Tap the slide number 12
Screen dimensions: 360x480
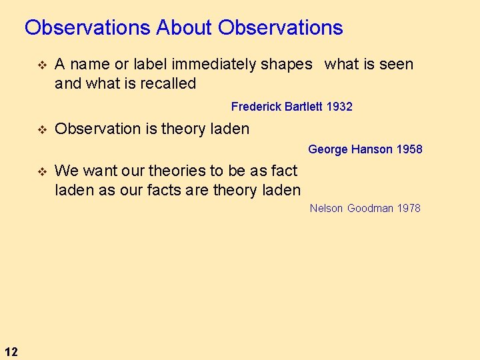(x=11, y=351)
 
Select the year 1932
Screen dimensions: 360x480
(x=339, y=107)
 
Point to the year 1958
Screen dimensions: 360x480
(x=409, y=149)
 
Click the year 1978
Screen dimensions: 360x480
(x=408, y=208)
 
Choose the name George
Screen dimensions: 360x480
(x=327, y=149)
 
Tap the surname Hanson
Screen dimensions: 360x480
(x=371, y=149)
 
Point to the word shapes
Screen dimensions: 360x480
(x=287, y=65)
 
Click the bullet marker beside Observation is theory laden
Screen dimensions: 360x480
(x=41, y=129)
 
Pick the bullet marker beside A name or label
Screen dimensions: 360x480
(x=41, y=65)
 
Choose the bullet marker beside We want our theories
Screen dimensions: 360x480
(x=41, y=171)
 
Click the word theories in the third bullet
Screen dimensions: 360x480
(x=181, y=171)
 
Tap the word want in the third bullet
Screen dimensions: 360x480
(x=98, y=171)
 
